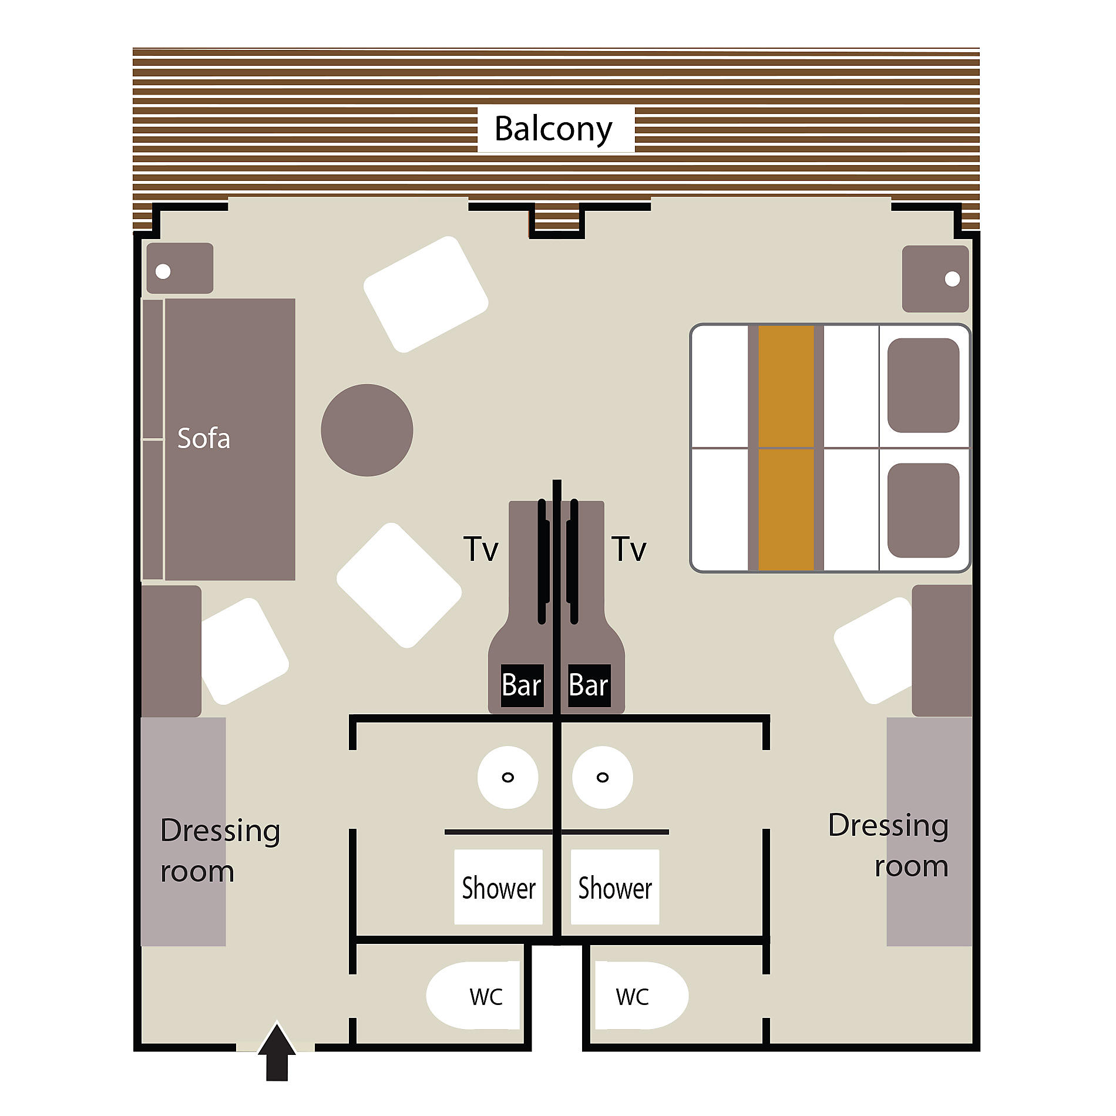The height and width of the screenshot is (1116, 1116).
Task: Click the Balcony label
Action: [553, 129]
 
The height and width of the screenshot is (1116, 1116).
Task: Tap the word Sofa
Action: [204, 438]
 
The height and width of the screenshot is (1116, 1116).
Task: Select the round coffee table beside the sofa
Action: [367, 430]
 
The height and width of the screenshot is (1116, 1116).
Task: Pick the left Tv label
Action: [481, 549]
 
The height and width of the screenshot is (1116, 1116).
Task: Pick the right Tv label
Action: [629, 549]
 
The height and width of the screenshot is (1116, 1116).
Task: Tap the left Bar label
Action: [522, 685]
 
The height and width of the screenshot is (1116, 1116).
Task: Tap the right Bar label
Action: [589, 685]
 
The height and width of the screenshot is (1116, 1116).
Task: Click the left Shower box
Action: [498, 887]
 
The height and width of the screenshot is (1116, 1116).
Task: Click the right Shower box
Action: [615, 887]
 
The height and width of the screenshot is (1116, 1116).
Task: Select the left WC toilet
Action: [473, 996]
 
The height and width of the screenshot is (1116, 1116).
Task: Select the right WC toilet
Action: [641, 996]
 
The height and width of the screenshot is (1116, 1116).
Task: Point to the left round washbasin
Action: [508, 777]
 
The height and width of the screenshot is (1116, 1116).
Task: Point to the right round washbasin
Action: [603, 777]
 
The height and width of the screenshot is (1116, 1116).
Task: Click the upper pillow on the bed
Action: [923, 385]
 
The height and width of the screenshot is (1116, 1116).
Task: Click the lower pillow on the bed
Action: [923, 510]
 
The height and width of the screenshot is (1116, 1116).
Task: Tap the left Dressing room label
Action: [220, 850]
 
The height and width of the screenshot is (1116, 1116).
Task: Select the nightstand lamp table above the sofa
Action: [180, 268]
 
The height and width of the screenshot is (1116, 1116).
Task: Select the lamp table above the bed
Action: [936, 279]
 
